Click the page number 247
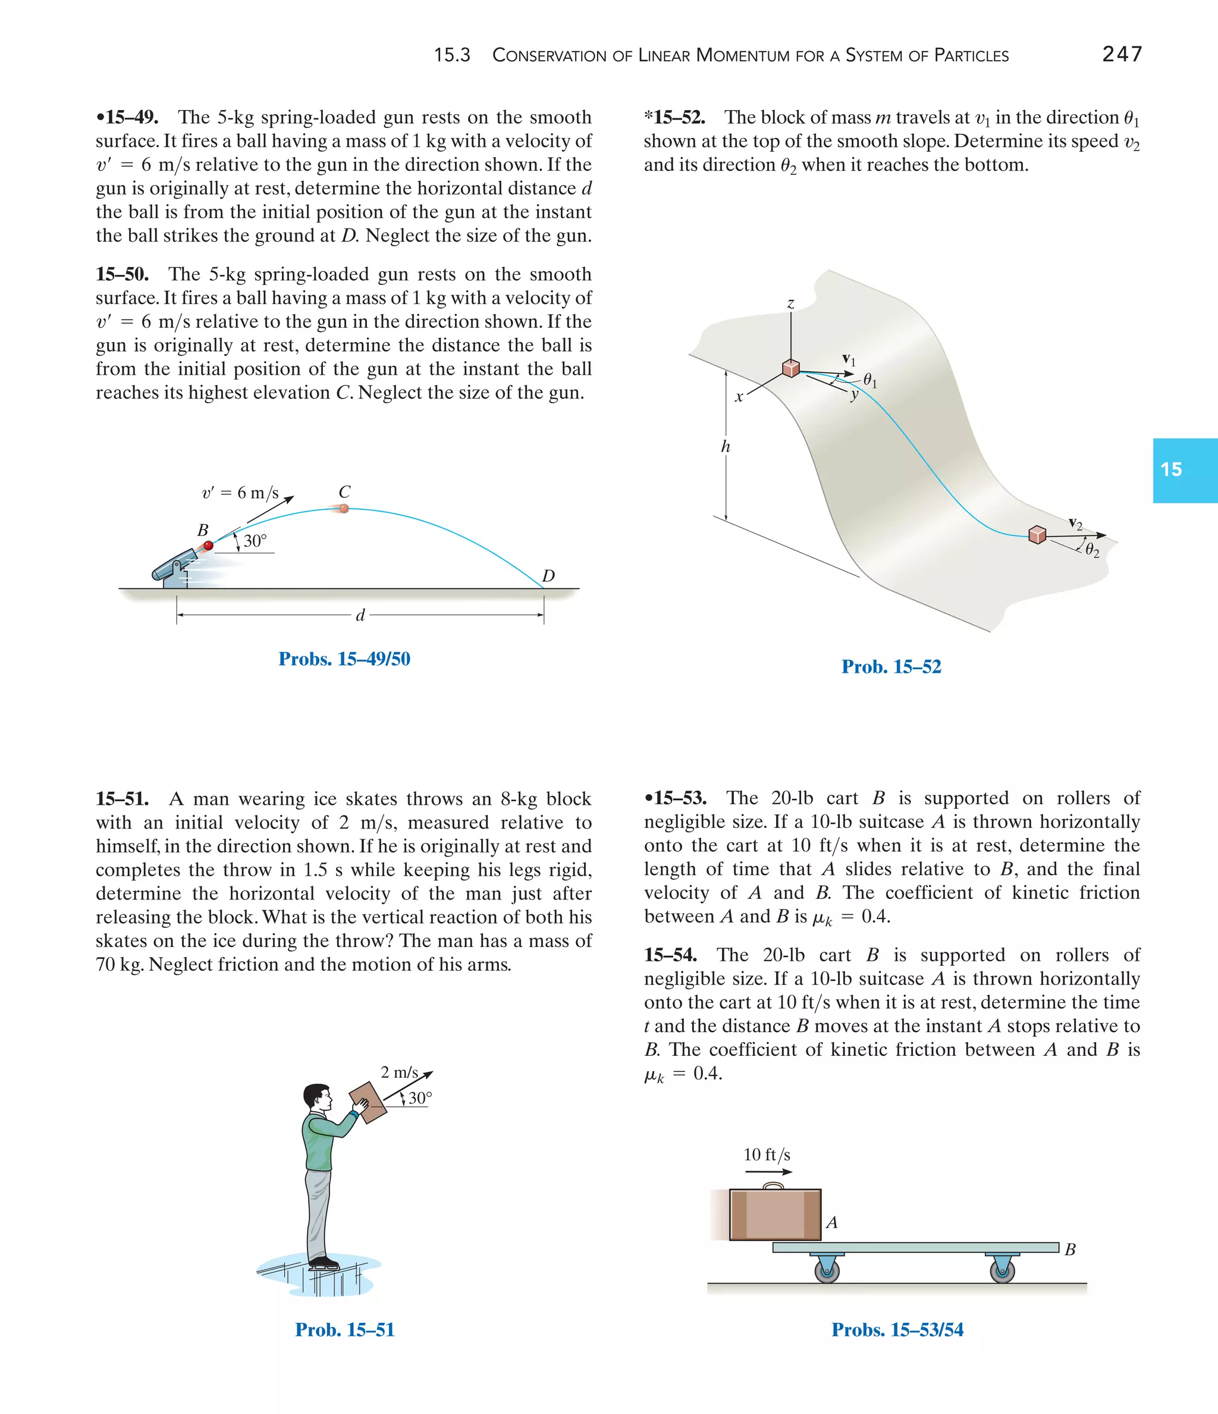point(1122,54)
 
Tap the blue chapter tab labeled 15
point(1185,470)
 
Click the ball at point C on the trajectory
point(344,509)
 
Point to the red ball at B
point(209,545)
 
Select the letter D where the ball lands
point(548,576)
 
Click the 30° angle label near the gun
point(255,541)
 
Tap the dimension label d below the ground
point(360,616)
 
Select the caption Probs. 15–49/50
point(344,659)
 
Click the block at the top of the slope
point(791,368)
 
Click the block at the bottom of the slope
point(1037,534)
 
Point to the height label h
point(726,447)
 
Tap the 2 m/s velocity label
point(399,1072)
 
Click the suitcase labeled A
point(775,1215)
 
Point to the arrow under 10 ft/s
point(768,1172)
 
